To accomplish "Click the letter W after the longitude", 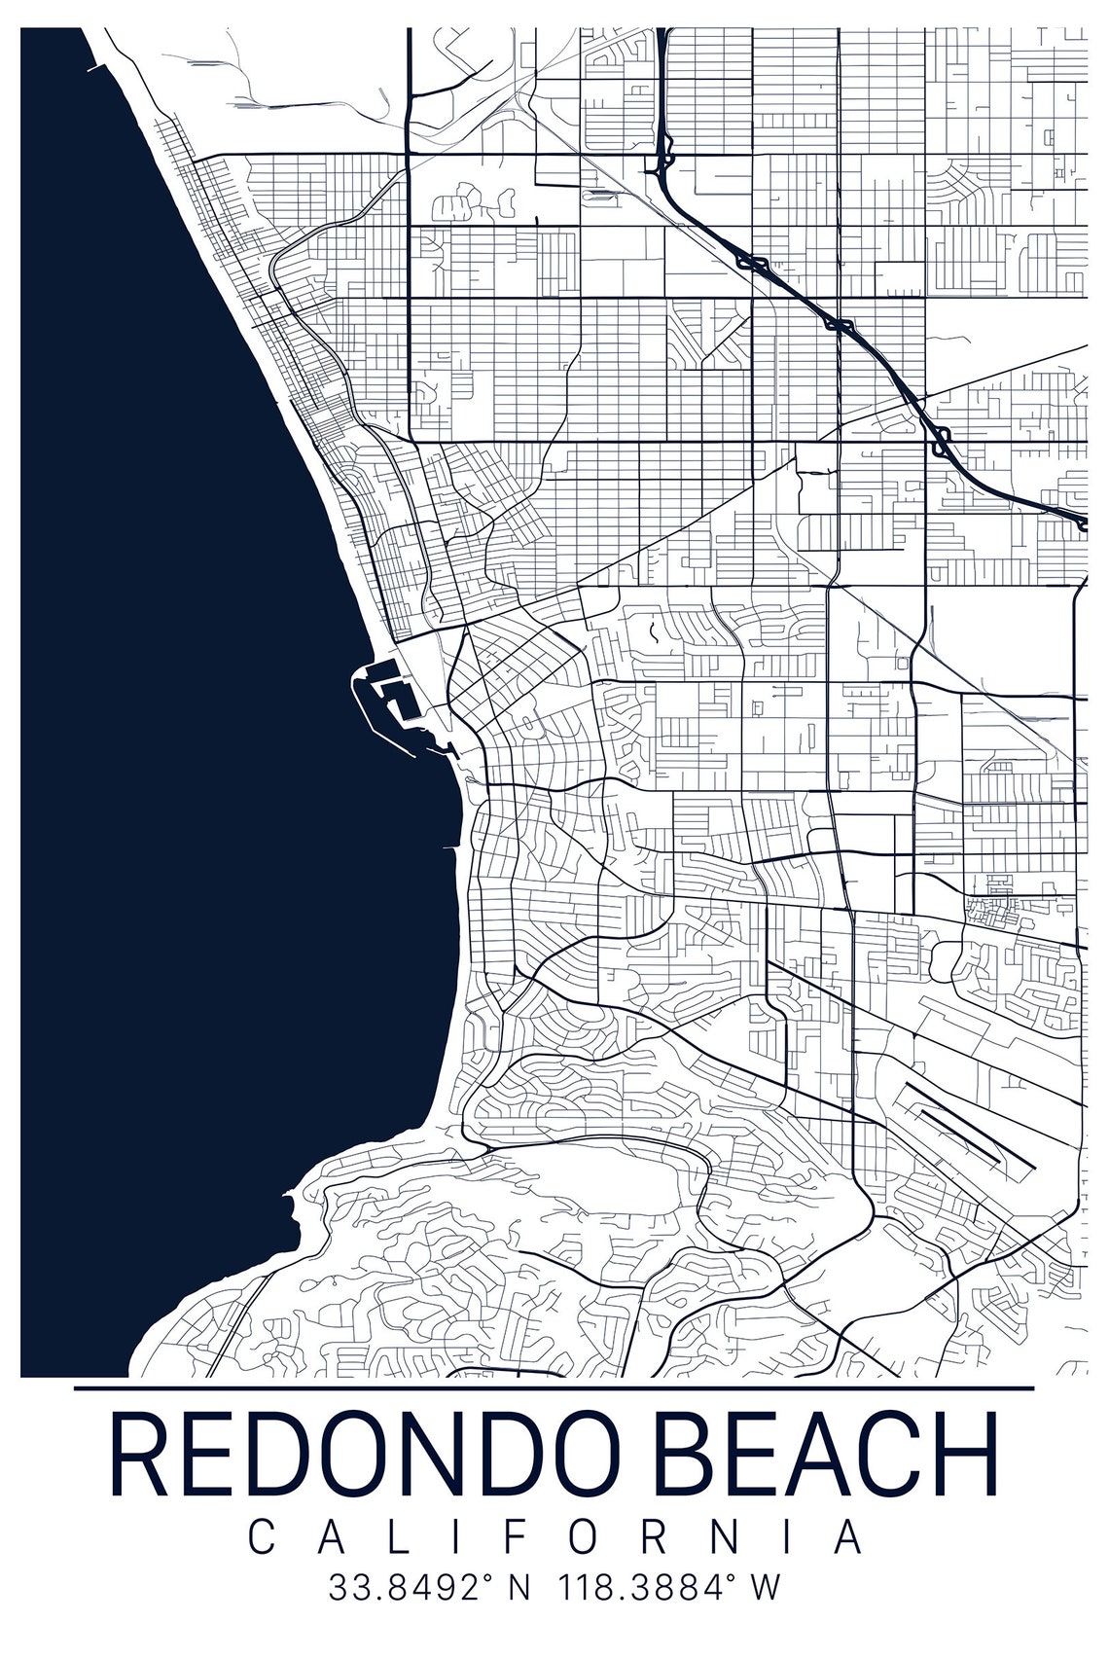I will [765, 1588].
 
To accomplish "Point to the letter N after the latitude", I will [519, 1588].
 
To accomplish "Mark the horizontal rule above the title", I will [554, 1387].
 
